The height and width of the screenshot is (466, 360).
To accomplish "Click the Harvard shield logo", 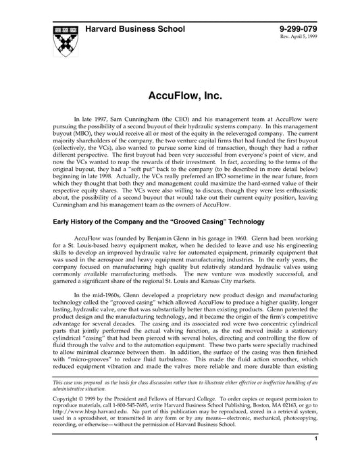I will [x=65, y=42].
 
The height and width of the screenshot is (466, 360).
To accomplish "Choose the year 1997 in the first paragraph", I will [x=100, y=118].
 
